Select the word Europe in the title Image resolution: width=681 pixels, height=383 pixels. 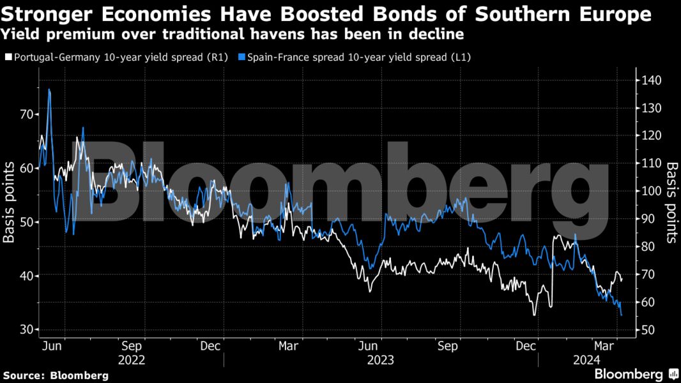613,14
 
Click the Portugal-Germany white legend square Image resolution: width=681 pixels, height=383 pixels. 8,57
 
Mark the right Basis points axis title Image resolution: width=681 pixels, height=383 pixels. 671,202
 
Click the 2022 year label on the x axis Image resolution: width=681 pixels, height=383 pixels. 132,360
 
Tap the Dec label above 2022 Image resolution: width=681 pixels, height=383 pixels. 211,346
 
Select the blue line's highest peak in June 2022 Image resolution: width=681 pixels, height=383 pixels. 49,90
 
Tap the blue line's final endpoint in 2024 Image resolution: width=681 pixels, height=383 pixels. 622,315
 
